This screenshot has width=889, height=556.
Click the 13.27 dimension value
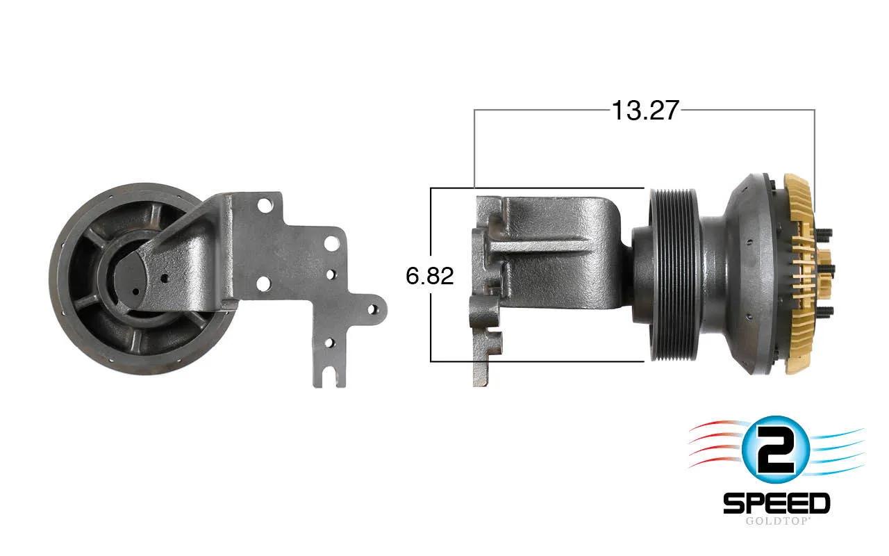click(645, 111)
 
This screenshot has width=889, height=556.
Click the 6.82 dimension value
click(430, 276)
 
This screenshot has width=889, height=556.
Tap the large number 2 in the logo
click(775, 450)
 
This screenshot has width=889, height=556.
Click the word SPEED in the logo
click(776, 504)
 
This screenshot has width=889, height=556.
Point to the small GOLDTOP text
click(776, 521)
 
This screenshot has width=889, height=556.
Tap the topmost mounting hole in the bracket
click(263, 205)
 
